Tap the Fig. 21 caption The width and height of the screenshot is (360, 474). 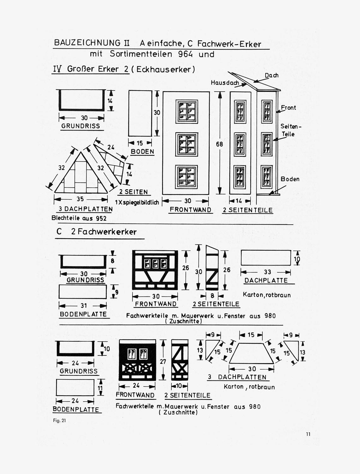59,421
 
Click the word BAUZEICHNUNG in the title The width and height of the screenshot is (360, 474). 87,43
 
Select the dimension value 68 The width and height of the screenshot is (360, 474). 219,144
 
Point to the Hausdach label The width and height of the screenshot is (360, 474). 225,82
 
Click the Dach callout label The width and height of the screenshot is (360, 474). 272,75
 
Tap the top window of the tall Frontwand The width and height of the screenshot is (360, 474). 187,112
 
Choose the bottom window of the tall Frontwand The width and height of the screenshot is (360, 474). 186,177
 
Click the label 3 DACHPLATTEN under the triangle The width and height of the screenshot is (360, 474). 86,209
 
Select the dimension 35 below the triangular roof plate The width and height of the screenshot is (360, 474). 80,199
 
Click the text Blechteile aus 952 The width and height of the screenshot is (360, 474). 79,218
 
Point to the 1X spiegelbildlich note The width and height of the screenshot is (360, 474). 137,202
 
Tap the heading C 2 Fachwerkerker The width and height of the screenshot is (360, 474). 96,232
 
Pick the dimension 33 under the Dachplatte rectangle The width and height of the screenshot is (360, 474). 267,272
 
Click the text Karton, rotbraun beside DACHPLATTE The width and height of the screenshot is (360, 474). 267,295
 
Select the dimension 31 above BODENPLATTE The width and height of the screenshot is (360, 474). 84,306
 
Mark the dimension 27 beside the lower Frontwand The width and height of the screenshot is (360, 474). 163,362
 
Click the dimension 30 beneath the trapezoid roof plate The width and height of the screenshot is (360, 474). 252,369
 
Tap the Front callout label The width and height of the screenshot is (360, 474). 288,107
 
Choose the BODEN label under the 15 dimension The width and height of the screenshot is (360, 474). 142,152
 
